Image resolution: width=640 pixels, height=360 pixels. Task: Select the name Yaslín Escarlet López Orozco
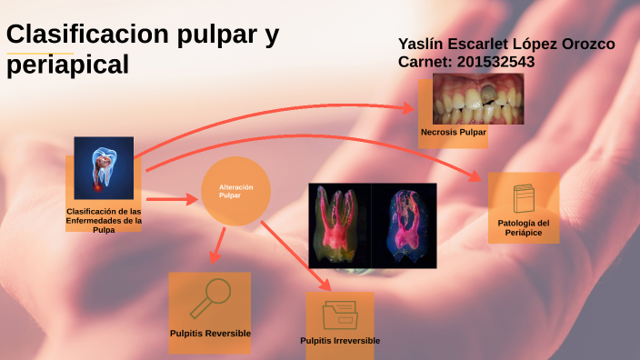[506, 44]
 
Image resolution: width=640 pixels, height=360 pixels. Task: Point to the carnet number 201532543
[492, 62]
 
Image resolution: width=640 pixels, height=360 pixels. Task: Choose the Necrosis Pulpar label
[454, 133]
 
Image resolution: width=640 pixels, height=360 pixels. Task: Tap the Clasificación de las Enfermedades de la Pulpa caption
[104, 220]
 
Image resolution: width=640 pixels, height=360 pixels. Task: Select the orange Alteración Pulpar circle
[235, 191]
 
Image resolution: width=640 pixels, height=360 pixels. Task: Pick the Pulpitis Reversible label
[210, 334]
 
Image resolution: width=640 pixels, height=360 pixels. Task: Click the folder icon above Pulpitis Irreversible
[340, 315]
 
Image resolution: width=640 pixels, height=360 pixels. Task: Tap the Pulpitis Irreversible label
[340, 341]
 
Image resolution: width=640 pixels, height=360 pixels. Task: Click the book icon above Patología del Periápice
[524, 199]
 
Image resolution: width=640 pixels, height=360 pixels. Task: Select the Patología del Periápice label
[524, 228]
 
